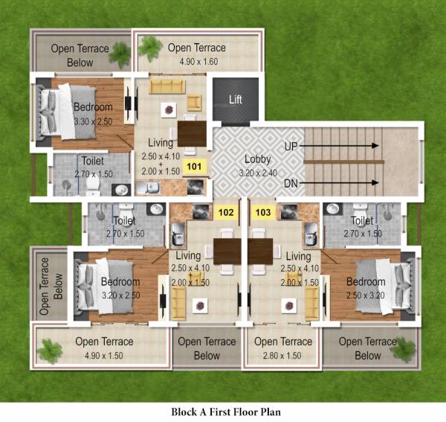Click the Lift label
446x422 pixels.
tap(235, 100)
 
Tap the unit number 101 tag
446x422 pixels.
tap(194, 166)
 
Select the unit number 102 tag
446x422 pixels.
tap(226, 212)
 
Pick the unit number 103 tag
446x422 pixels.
tap(262, 212)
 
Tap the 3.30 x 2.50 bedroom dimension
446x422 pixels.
tap(93, 121)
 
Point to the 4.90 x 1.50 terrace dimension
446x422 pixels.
tap(104, 355)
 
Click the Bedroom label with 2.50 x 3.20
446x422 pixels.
tap(365, 282)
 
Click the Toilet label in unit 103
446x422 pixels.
tap(362, 221)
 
